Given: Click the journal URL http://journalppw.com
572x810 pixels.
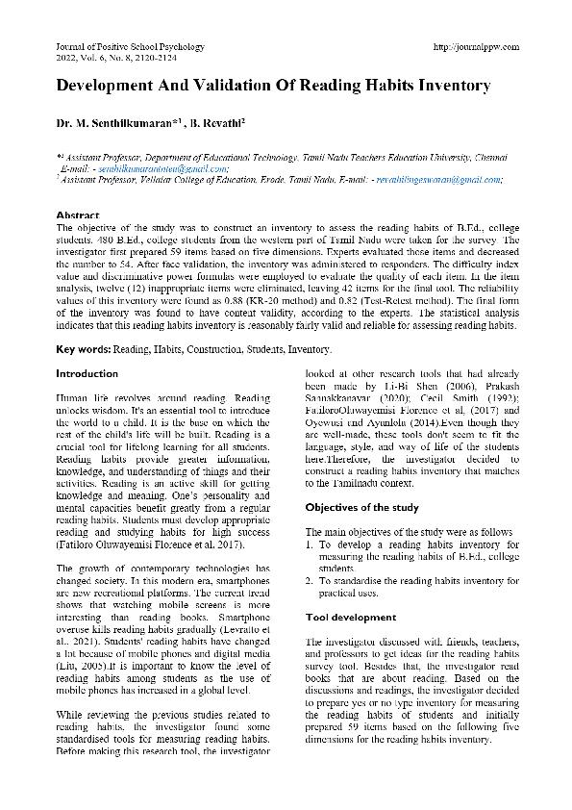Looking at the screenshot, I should point(477,46).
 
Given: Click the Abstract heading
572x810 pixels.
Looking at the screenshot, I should point(78,215).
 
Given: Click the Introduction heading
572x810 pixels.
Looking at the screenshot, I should point(87,373).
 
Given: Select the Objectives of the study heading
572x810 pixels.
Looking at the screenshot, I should point(361,507).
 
